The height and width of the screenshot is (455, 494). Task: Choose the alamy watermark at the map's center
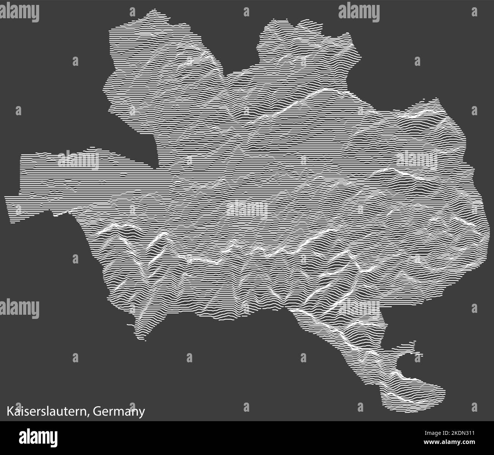tap(247, 208)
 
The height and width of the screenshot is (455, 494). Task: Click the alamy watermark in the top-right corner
tap(359, 12)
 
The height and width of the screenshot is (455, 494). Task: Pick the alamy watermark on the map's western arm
tap(78, 160)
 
